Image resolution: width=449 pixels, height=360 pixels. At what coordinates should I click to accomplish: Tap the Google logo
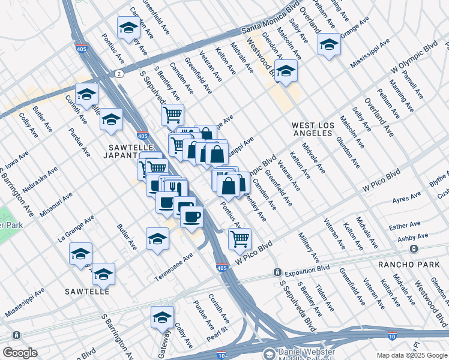[x=20, y=353]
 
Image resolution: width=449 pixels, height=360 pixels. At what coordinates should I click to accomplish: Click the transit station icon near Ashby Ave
[x=413, y=248]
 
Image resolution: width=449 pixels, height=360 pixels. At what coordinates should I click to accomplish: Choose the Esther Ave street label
[x=405, y=225]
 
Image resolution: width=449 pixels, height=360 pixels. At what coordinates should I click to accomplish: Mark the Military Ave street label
[x=310, y=248]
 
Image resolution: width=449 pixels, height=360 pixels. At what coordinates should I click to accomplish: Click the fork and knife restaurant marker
[x=175, y=188]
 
